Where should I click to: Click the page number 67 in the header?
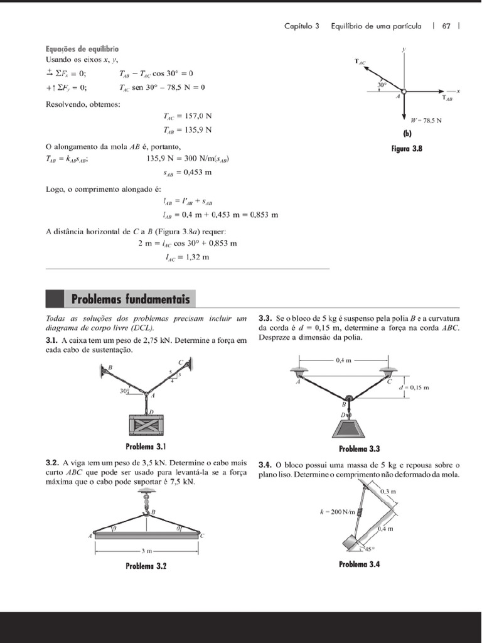tap(447, 26)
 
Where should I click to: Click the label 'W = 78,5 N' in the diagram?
tap(426, 120)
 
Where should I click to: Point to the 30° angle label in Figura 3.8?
tap(382, 84)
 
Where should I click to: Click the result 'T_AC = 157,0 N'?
tap(187, 116)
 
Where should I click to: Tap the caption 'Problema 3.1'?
tap(146, 447)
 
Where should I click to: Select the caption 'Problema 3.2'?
tap(146, 566)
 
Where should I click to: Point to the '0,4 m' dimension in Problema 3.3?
tap(344, 360)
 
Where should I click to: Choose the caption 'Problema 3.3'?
tap(359, 449)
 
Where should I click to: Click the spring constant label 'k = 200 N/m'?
tap(338, 512)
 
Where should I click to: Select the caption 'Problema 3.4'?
tap(359, 564)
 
